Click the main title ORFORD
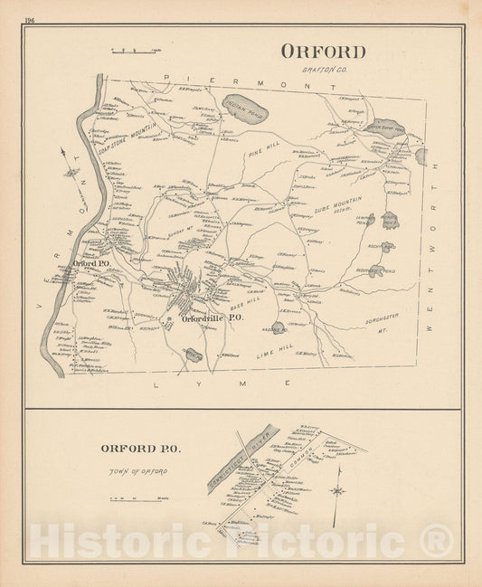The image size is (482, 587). pyautogui.click(x=323, y=52)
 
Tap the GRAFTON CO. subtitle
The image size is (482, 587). pyautogui.click(x=322, y=69)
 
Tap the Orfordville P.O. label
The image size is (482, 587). pyautogui.click(x=212, y=318)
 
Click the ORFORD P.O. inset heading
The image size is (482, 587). pyautogui.click(x=140, y=448)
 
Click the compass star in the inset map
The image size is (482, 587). pyautogui.click(x=337, y=490)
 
